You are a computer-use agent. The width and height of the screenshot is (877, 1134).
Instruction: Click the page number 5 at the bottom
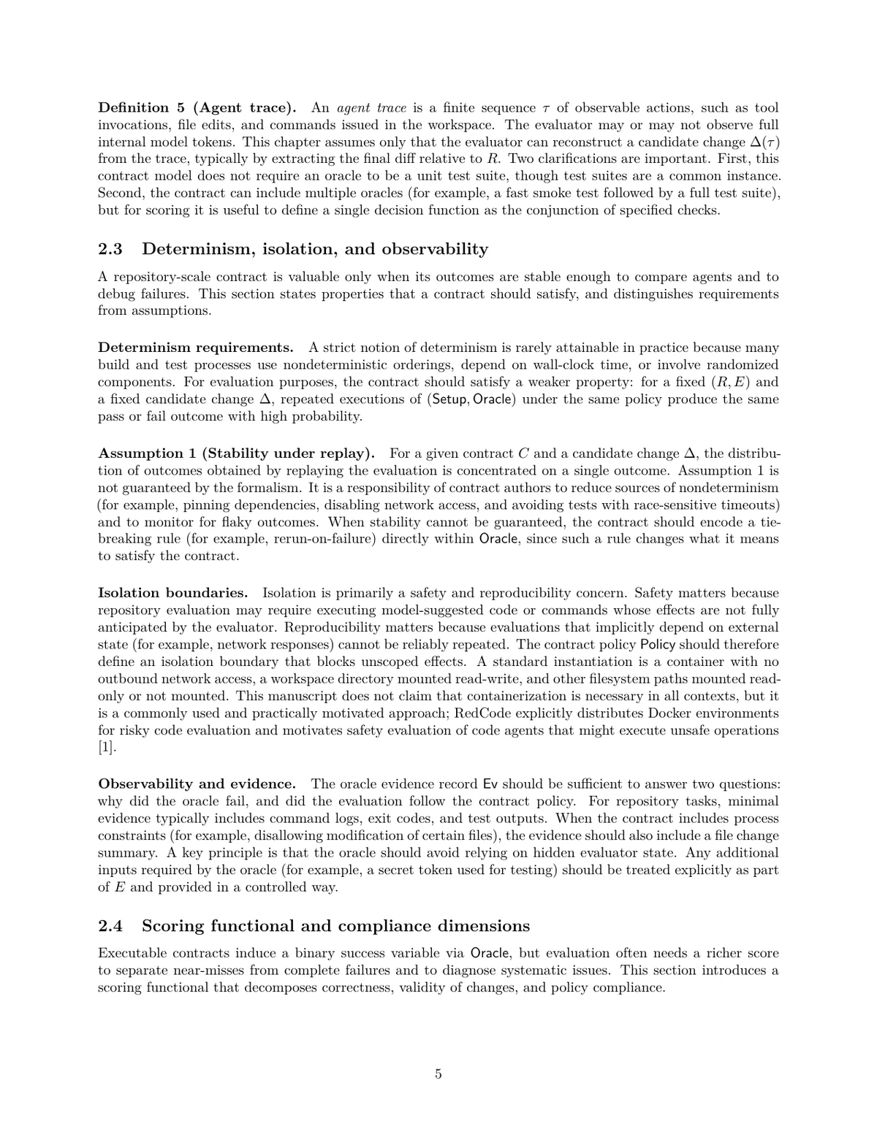(x=438, y=1074)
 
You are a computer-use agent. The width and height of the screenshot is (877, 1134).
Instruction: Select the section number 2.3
(x=110, y=249)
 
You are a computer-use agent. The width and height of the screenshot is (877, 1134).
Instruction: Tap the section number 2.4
(x=110, y=926)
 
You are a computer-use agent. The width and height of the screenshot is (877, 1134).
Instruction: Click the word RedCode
(x=482, y=713)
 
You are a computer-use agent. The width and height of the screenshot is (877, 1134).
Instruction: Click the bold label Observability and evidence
(x=197, y=784)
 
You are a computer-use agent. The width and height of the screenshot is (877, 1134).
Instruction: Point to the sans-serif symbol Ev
(x=490, y=784)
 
